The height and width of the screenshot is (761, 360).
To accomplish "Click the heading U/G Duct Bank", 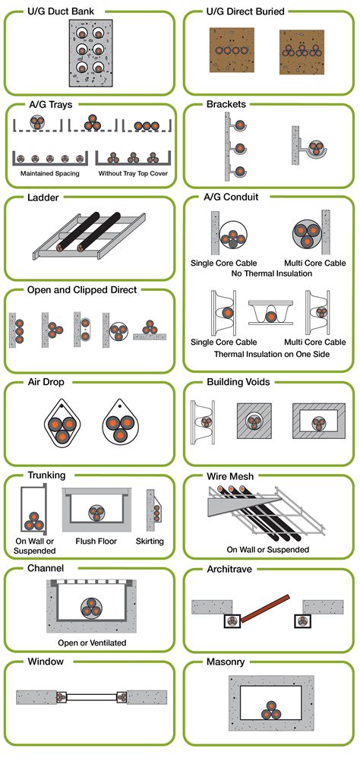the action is (x=61, y=11).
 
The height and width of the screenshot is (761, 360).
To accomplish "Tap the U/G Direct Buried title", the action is (x=245, y=11).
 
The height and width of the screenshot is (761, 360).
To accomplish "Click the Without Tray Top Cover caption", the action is (x=133, y=172).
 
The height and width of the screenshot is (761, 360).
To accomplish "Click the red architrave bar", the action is (x=265, y=608).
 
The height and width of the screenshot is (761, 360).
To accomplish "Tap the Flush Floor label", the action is (x=96, y=541).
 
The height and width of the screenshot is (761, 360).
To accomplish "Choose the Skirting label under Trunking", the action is (x=150, y=541).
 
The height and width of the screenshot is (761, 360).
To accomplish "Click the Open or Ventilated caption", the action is (x=92, y=643).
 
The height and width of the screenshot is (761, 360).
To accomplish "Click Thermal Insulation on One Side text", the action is (x=272, y=354).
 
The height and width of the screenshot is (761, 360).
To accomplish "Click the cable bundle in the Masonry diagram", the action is (x=270, y=710).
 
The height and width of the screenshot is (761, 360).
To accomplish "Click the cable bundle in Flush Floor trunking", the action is (x=96, y=513).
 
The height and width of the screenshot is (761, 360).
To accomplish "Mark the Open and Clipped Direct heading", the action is (x=82, y=290).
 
